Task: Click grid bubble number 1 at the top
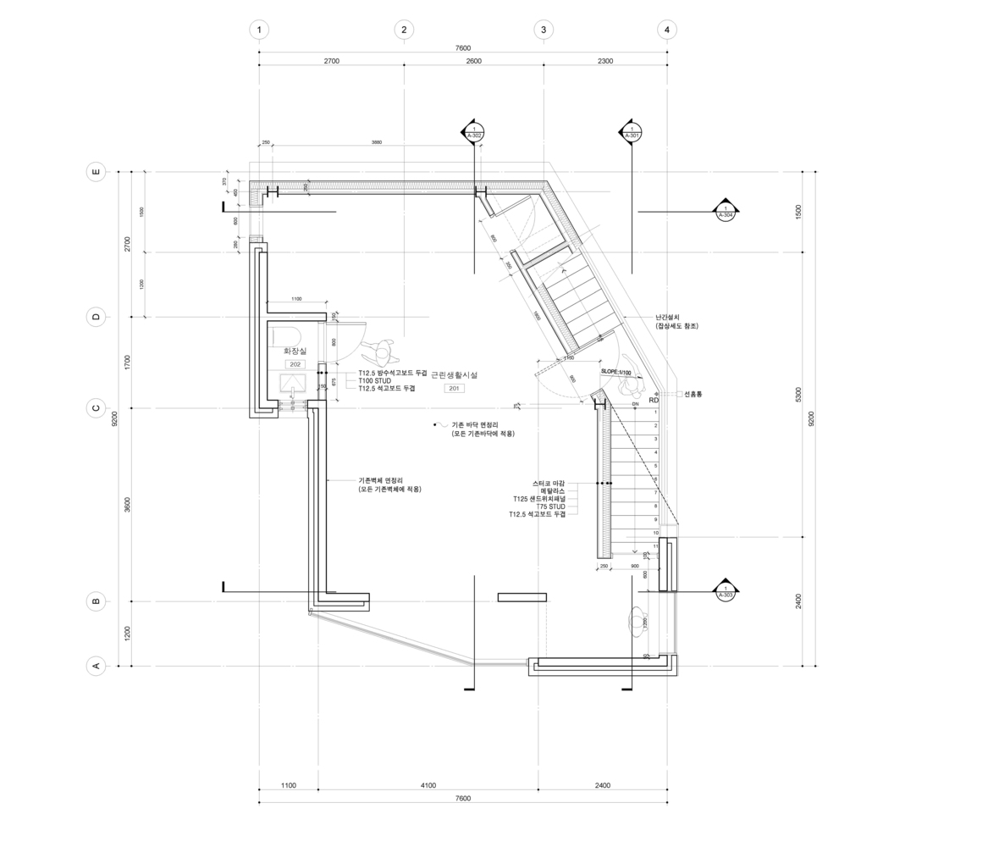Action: [x=259, y=30]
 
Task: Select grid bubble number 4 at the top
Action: [x=667, y=30]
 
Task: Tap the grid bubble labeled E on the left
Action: [x=97, y=172]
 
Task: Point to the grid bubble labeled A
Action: [x=97, y=666]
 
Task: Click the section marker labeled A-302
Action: [x=473, y=132]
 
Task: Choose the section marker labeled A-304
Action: [x=726, y=212]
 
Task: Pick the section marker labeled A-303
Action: [x=726, y=591]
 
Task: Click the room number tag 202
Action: [x=295, y=364]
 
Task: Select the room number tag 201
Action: [x=454, y=388]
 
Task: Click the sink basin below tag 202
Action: [x=292, y=381]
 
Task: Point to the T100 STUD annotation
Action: [x=374, y=380]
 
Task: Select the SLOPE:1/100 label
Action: [x=616, y=372]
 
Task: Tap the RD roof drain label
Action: [x=654, y=399]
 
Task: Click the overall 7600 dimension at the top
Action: [x=462, y=48]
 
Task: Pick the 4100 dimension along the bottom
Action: [x=428, y=785]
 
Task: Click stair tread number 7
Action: [x=655, y=492]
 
